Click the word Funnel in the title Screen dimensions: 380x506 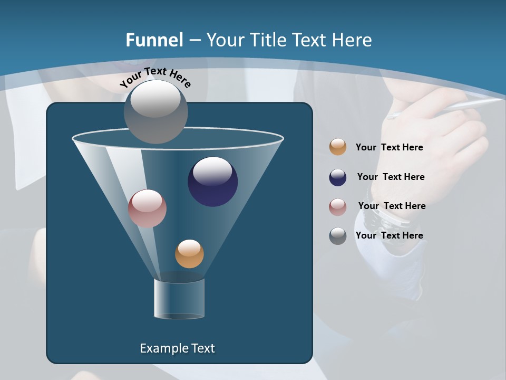click(154, 40)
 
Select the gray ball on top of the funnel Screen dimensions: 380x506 click(156, 112)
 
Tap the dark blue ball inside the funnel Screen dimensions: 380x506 click(213, 182)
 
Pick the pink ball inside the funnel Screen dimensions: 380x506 click(148, 208)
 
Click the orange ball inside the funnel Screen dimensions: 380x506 click(189, 254)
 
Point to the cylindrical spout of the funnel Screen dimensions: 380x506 click(179, 299)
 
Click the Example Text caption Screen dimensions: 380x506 click(178, 348)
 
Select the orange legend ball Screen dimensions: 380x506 click(338, 147)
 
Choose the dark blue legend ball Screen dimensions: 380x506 click(338, 177)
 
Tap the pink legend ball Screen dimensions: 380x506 click(338, 207)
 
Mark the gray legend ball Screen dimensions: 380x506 click(338, 236)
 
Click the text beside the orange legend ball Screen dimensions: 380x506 click(389, 148)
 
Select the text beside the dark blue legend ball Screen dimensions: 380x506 click(391, 177)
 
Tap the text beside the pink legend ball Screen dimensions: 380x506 click(392, 206)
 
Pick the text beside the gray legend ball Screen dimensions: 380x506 click(389, 235)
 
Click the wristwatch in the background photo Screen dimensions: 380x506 click(377, 213)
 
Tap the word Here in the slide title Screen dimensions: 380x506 click(352, 40)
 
